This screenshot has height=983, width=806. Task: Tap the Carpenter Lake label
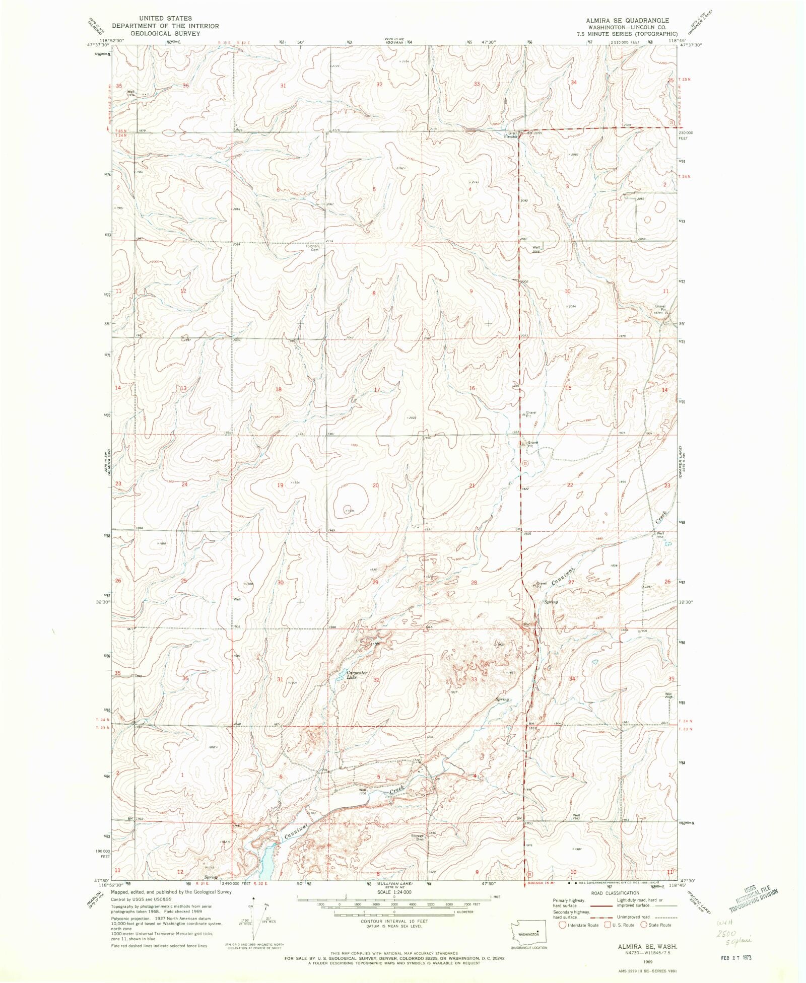tap(357, 675)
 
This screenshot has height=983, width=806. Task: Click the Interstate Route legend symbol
tap(562, 925)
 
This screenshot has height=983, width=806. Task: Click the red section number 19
tap(281, 485)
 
